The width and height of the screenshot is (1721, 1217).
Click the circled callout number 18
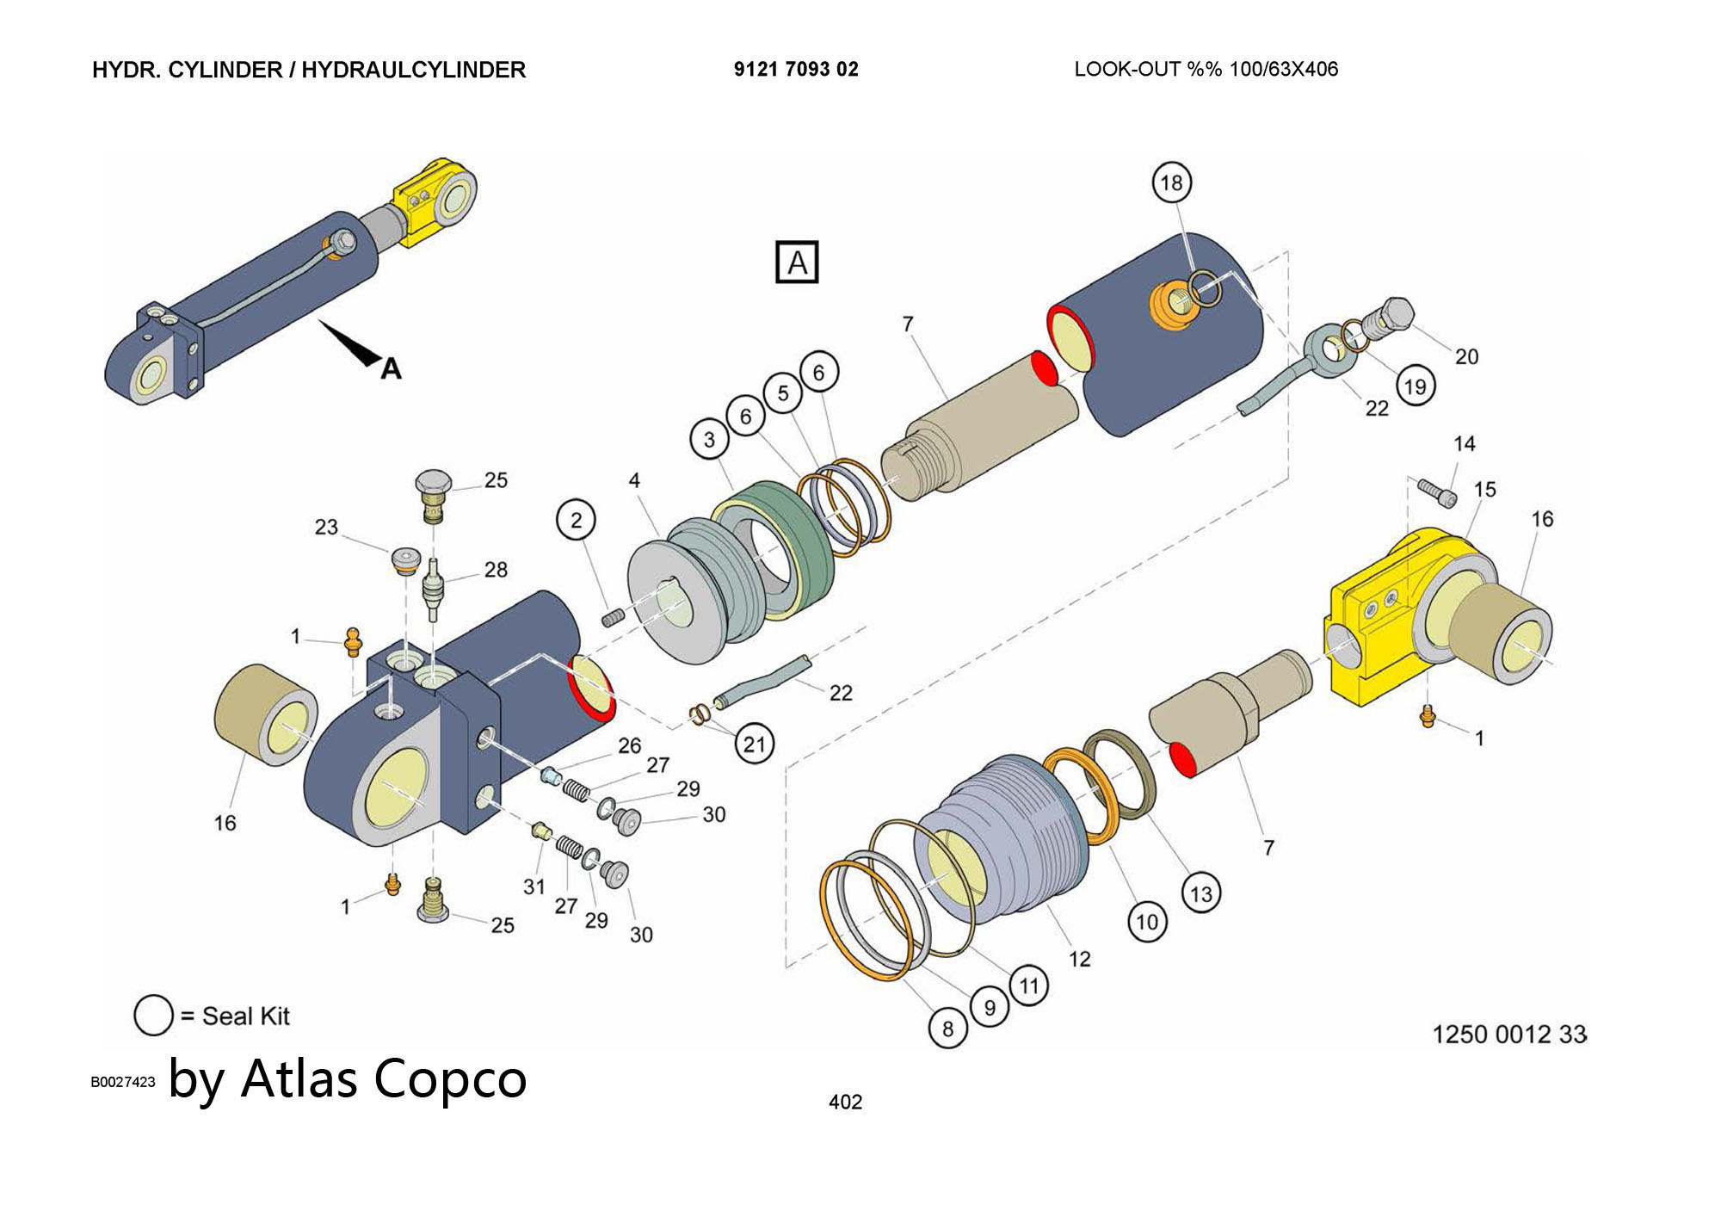click(x=1171, y=182)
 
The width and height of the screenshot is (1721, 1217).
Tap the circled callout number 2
click(x=576, y=520)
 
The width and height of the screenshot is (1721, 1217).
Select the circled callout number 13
click(x=1200, y=893)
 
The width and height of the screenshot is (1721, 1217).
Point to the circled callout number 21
click(x=754, y=744)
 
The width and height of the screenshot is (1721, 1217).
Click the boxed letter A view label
click(x=797, y=262)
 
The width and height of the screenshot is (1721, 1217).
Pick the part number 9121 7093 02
click(x=796, y=70)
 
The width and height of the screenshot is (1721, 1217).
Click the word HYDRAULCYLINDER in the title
click(x=413, y=70)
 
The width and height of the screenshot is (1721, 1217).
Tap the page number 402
click(x=845, y=1102)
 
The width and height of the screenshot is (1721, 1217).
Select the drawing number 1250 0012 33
click(x=1508, y=1034)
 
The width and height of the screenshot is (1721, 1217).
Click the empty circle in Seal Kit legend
click(x=153, y=1016)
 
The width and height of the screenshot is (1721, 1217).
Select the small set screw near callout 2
click(x=612, y=617)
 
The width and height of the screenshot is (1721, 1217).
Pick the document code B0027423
click(x=123, y=1082)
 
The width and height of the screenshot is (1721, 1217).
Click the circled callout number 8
click(x=947, y=1029)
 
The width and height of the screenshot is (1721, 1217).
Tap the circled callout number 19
click(x=1415, y=386)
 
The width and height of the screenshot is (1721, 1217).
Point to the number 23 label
click(x=326, y=527)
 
